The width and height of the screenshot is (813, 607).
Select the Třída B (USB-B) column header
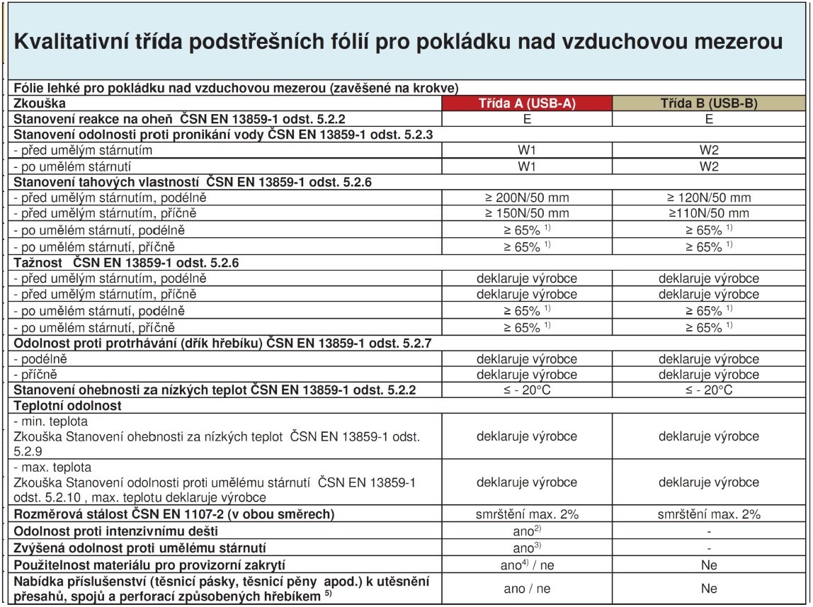tap(708, 103)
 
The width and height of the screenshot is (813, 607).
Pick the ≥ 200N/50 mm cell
tap(526, 197)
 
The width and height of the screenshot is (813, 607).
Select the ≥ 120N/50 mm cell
tap(708, 197)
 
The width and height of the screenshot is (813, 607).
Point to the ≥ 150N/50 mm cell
tap(526, 213)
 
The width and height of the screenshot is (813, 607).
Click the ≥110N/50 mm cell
tap(708, 213)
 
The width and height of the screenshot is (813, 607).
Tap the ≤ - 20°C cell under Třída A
tap(526, 390)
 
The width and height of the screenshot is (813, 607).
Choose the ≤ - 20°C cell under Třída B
tap(708, 390)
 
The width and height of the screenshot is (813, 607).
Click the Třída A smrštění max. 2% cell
tap(526, 514)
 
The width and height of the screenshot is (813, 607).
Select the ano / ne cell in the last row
tap(526, 589)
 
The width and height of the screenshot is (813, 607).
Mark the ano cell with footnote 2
tap(526, 531)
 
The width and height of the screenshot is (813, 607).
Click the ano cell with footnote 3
tap(526, 548)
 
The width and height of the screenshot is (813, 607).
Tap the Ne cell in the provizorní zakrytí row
tap(708, 565)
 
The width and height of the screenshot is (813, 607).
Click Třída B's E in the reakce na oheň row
tap(708, 118)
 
